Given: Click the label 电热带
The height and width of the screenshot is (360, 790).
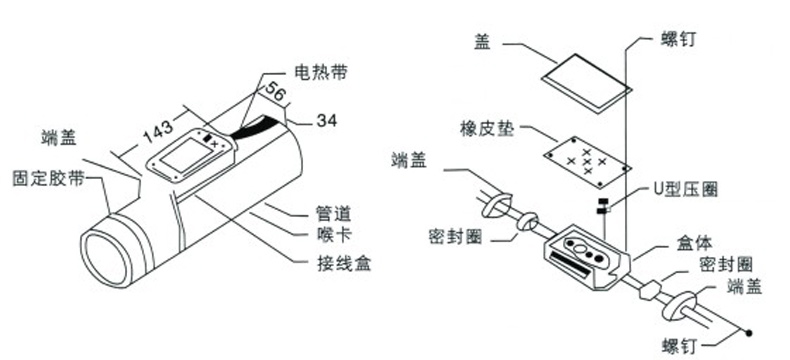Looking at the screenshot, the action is (x=321, y=73).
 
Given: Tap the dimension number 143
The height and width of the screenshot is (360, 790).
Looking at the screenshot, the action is (x=158, y=131).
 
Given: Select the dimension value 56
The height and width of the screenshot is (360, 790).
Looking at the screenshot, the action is (x=274, y=94).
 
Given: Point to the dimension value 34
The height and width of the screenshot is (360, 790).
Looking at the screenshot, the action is (x=327, y=120).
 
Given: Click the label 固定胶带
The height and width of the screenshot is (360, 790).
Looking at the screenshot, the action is (x=48, y=179).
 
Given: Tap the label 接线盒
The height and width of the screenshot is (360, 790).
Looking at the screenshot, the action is (x=339, y=263).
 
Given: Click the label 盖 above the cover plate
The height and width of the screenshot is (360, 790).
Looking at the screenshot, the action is (x=482, y=43).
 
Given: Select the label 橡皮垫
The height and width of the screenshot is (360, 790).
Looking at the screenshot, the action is (x=486, y=129).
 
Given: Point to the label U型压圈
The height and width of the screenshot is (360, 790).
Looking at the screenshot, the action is (x=685, y=190).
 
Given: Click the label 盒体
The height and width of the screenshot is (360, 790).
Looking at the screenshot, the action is (x=694, y=244).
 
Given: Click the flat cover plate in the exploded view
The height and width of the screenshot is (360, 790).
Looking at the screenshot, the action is (x=586, y=81).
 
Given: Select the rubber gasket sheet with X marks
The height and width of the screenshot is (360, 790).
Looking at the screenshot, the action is (x=586, y=162).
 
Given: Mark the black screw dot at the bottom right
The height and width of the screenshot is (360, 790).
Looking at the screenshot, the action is (x=749, y=333).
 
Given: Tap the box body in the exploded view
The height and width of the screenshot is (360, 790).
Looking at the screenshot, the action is (x=587, y=257).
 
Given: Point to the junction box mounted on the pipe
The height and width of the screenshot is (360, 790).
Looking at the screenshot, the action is (x=192, y=155).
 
